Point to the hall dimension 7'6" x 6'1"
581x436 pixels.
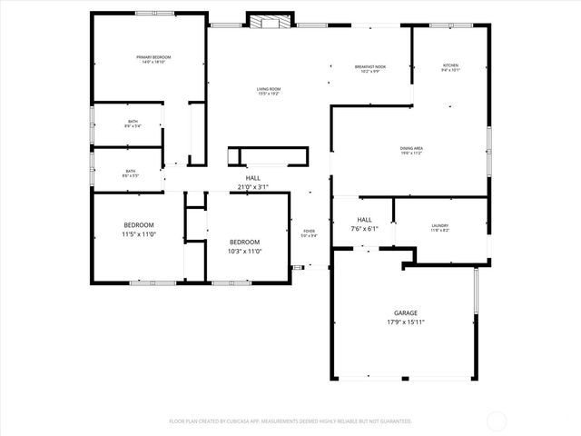pos(364,229)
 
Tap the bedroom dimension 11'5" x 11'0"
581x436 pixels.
pos(139,234)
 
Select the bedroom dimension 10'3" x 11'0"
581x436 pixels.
pos(243,251)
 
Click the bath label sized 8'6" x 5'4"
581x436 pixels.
pos(133,124)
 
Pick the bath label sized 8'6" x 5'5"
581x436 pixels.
pos(131,173)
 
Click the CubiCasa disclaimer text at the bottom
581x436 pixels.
pos(290,421)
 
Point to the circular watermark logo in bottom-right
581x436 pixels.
pos(497,421)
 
